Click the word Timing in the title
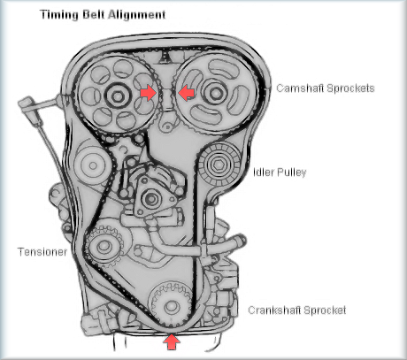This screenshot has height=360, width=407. pos(59,15)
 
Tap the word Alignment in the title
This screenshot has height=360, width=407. pos(137,14)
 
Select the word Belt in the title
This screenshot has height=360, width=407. pos(94,14)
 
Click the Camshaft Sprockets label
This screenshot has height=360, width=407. pos(326,88)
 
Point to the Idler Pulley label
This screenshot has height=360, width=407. pos(280,172)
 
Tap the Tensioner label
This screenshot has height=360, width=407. pos(42,252)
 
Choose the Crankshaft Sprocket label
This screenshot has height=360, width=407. pos(297,310)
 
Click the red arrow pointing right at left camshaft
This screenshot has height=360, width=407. pos(148,93)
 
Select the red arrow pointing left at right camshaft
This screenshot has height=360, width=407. pos(186,93)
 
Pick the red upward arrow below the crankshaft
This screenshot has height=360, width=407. pos(172,341)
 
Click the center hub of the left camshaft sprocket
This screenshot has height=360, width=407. pos(118,96)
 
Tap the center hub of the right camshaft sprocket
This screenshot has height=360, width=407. pos(216,93)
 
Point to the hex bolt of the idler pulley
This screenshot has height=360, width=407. pos(219,164)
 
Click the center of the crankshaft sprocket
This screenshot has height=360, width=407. pos(172,306)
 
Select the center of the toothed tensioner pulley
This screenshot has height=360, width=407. pos(104,246)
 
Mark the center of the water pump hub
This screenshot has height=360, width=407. pos(151,199)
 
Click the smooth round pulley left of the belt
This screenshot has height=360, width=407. pos(92,165)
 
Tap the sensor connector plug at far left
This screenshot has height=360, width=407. pos(27,104)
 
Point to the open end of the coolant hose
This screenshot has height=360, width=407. pos(241,241)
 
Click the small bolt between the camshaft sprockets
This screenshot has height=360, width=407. pos(167,126)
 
